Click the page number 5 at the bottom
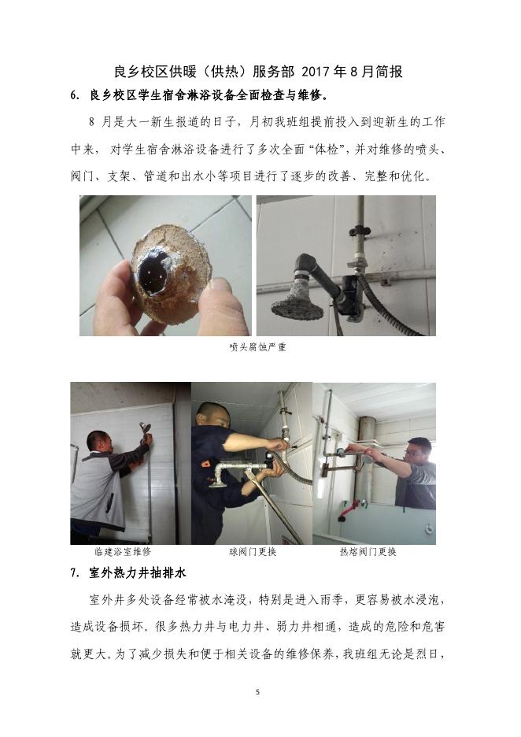(257, 692)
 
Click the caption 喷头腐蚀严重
(258, 347)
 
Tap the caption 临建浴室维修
(123, 551)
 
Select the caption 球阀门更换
(253, 551)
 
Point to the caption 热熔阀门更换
(368, 551)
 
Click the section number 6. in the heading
(76, 95)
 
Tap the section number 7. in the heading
(75, 573)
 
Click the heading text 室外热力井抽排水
(138, 573)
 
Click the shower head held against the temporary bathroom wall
(145, 428)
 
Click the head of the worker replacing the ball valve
(210, 414)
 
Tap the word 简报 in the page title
(389, 72)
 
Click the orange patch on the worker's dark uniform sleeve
(205, 463)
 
